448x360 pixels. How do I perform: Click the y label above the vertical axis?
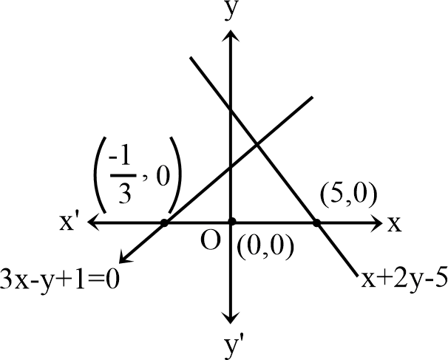click(x=231, y=11)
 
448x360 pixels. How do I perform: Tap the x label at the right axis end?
click(x=394, y=224)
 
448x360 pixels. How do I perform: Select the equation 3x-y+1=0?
click(x=59, y=279)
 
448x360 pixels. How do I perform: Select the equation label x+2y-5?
click(x=404, y=279)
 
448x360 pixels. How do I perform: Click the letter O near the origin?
click(x=211, y=240)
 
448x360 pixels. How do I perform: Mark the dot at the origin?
click(x=231, y=222)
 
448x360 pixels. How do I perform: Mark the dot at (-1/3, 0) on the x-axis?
click(x=164, y=223)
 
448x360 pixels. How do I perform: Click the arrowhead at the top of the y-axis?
click(x=231, y=36)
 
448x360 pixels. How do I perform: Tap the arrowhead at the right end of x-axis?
click(x=376, y=222)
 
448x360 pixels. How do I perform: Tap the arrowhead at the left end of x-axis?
click(x=94, y=222)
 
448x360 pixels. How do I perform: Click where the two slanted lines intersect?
click(x=257, y=145)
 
